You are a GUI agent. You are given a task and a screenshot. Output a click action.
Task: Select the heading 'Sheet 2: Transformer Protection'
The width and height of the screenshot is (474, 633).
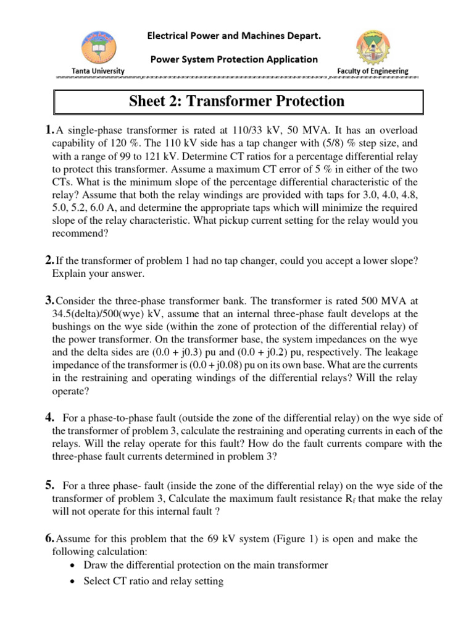[237, 101]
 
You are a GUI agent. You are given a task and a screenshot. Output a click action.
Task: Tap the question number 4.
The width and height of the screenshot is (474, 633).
[50, 417]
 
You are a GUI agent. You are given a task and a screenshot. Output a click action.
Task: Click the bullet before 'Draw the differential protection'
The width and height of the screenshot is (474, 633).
[73, 566]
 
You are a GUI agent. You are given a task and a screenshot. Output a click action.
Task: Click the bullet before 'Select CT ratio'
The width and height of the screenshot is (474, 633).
[73, 582]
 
